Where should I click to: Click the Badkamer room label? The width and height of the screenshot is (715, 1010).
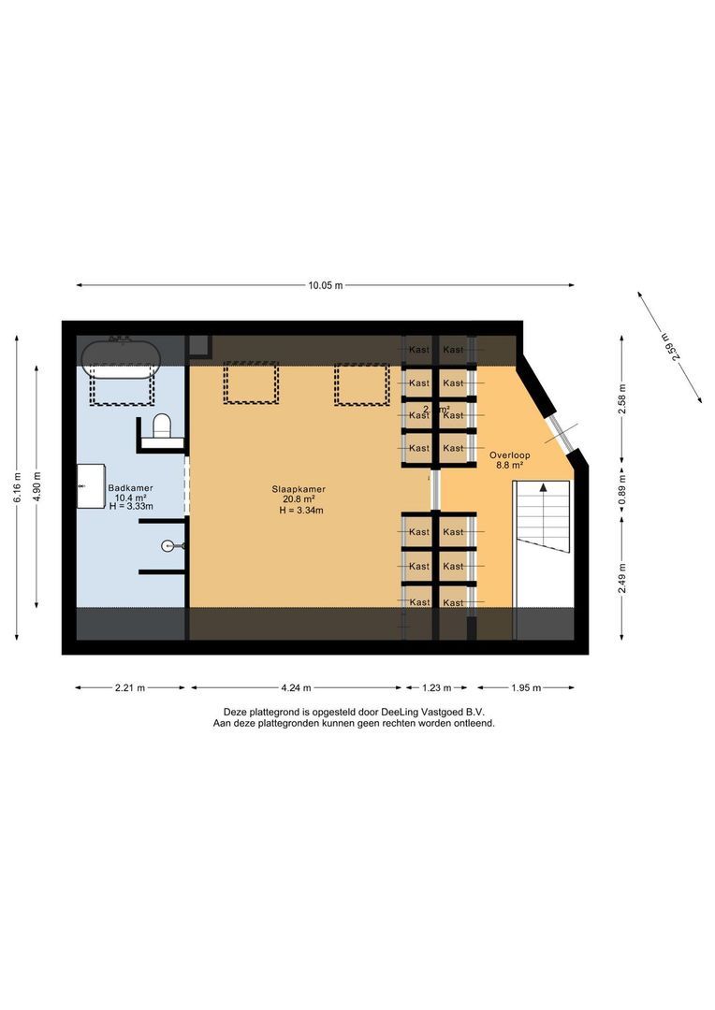(130, 487)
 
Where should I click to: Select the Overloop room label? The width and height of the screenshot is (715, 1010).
(509, 455)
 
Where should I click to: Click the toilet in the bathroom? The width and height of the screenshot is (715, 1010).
(162, 426)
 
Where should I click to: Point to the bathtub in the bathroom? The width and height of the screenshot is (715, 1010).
(120, 356)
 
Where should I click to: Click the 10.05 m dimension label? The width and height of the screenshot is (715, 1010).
(326, 285)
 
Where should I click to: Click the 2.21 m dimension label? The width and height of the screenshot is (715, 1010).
(129, 688)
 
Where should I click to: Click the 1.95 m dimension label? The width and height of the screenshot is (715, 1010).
(526, 688)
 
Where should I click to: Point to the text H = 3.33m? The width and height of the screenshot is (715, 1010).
(130, 506)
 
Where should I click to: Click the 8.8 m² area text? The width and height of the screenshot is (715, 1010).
(509, 465)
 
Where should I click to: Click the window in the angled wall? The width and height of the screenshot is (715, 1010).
(560, 428)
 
